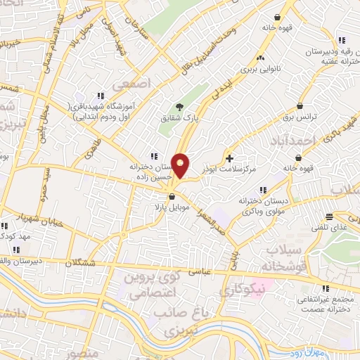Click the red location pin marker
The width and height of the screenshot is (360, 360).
click(181, 166)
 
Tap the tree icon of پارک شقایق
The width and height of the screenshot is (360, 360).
click(181, 106)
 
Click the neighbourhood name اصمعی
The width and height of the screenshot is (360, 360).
click(136, 84)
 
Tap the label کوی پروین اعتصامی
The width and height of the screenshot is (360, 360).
click(145, 285)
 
